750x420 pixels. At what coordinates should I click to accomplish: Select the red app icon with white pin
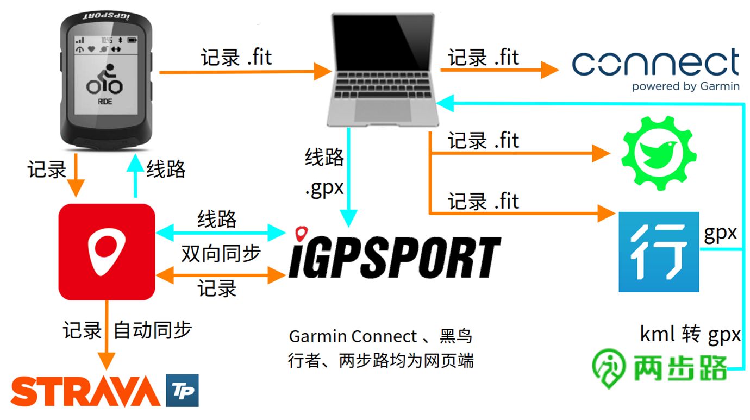coord(107,252)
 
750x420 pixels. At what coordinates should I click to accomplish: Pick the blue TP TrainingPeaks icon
coord(182,391)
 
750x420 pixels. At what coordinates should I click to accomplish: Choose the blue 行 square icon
coord(659,252)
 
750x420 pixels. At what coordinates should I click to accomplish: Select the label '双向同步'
coord(221,253)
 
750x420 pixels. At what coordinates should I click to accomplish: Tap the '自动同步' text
coord(153,330)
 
